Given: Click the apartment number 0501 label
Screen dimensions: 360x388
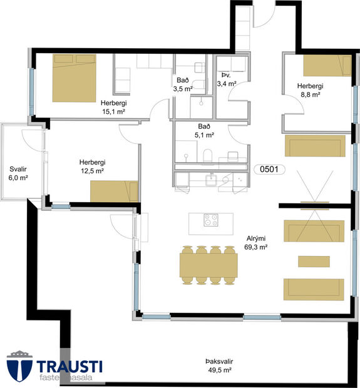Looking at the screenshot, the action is (x=269, y=170).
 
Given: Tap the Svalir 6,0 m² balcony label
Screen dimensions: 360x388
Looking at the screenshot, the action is (x=18, y=173).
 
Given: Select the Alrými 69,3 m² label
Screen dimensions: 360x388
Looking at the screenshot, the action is (x=256, y=243).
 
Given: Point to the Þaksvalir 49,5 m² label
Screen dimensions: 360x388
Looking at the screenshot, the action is (x=219, y=365).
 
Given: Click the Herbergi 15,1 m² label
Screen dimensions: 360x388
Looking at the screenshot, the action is (x=114, y=107).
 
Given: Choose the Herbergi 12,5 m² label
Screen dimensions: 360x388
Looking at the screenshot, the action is (x=93, y=166).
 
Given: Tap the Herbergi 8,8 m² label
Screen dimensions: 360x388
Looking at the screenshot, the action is (x=311, y=90).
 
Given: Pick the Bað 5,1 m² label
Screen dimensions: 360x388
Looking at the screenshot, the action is (x=204, y=131).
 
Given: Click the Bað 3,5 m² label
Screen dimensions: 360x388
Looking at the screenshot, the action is (x=183, y=84).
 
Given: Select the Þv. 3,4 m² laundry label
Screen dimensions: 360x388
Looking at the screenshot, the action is (x=226, y=79).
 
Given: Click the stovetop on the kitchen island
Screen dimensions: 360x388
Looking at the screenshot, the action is (x=211, y=220).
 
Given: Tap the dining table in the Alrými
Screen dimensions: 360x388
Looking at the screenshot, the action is (x=208, y=265).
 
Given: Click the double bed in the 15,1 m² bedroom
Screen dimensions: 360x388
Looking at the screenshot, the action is (x=75, y=78).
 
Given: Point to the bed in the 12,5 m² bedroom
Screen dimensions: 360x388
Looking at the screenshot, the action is (x=114, y=191).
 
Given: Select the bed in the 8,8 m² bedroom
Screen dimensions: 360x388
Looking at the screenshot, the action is (x=327, y=66).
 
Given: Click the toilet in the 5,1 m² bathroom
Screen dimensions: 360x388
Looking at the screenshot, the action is (x=208, y=155).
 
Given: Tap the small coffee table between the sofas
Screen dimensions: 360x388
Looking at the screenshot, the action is (x=314, y=262).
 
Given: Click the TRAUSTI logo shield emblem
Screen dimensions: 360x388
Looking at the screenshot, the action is (x=19, y=365).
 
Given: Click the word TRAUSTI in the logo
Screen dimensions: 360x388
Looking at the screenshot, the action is (x=69, y=366).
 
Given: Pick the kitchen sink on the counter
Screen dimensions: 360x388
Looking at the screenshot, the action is (x=211, y=180).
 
